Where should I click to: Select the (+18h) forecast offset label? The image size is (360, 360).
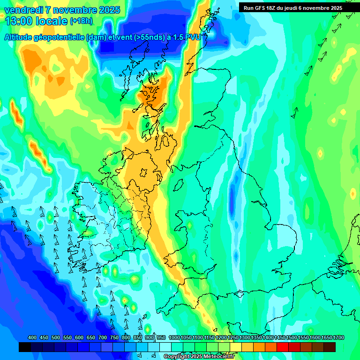pos(81,21)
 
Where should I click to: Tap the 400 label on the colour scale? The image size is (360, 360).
pos(32,338)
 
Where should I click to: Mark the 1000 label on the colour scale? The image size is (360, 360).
pos(174,338)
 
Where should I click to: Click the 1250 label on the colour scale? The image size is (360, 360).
pos(232,338)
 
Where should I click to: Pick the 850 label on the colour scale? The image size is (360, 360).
pos(138,338)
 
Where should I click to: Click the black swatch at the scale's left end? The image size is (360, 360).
pos(25,347)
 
